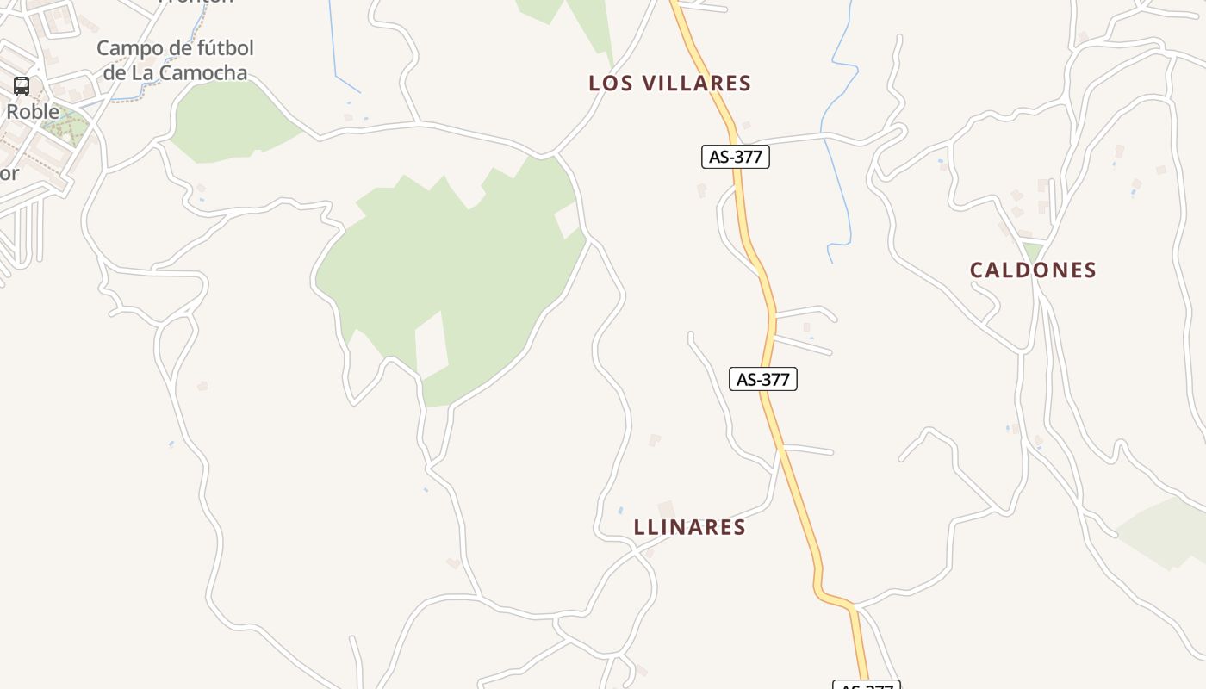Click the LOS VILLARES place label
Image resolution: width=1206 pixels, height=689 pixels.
tap(669, 84)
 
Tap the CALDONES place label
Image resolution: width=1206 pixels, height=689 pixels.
tap(1033, 270)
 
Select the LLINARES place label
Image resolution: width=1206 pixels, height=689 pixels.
tap(689, 527)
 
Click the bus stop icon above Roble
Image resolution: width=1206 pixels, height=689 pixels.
tap(22, 86)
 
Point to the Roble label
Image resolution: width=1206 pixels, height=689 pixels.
tap(33, 112)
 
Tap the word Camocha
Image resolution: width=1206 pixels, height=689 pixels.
tap(202, 72)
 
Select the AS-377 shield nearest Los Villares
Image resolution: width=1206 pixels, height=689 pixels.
tap(735, 157)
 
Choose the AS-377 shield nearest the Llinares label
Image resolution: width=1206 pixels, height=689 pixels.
tap(762, 379)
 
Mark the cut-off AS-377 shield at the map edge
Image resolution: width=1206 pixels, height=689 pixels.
tap(866, 685)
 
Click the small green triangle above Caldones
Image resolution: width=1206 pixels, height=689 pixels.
tap(1032, 251)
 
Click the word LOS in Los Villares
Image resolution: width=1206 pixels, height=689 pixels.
tap(608, 84)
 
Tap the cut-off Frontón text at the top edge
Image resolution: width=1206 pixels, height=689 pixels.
tap(196, 2)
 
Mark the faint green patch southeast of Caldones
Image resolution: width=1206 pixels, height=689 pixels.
tap(1163, 530)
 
